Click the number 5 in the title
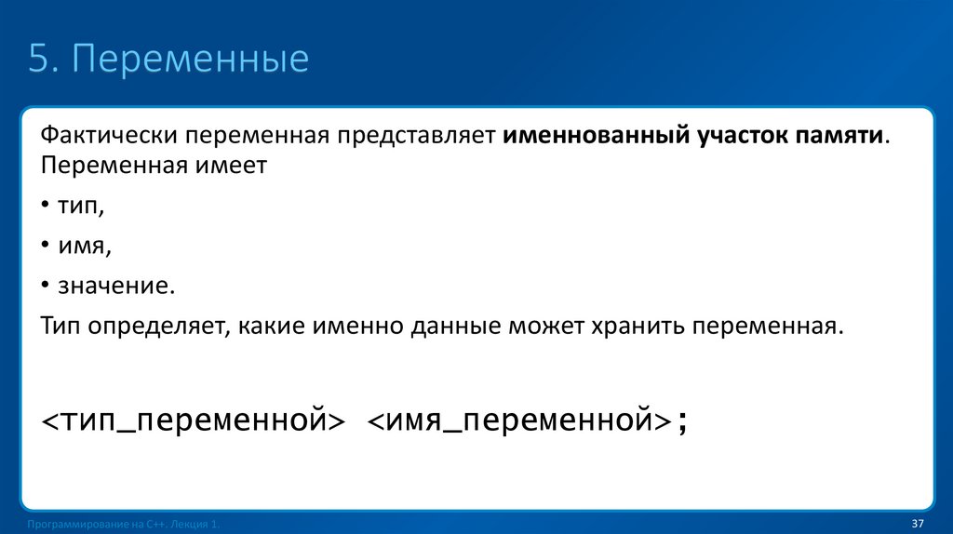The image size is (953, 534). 38,60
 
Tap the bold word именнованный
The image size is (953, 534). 596,137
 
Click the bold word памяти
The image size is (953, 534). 841,137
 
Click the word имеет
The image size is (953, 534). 231,167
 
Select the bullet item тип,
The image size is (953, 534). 81,207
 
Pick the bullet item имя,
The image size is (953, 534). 84,247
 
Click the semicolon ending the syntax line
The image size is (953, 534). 684,422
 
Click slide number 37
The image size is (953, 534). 917,521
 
